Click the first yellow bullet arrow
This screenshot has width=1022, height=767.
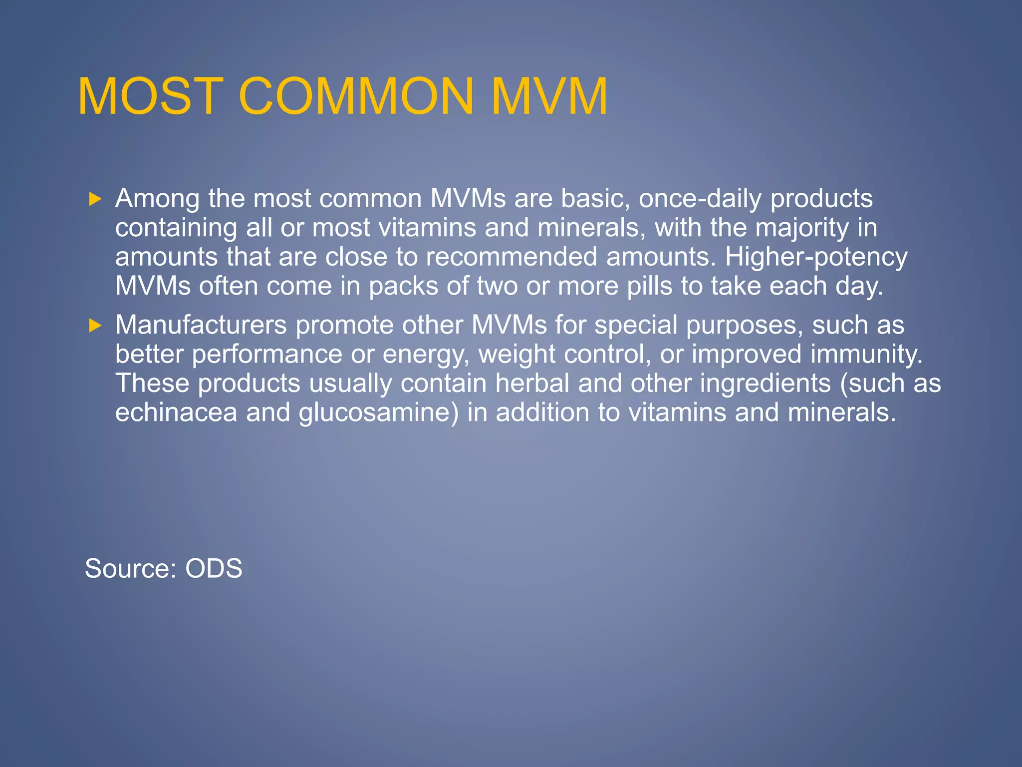[x=95, y=200]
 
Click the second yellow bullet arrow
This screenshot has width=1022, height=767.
[x=95, y=326]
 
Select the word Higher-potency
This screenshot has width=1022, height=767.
[x=816, y=257]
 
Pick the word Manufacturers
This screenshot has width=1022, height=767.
[x=201, y=325]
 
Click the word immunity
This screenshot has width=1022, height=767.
[x=866, y=354]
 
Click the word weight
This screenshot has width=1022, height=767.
[x=516, y=355]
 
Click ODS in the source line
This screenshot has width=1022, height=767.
[x=214, y=568]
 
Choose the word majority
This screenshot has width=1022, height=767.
[x=801, y=228]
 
